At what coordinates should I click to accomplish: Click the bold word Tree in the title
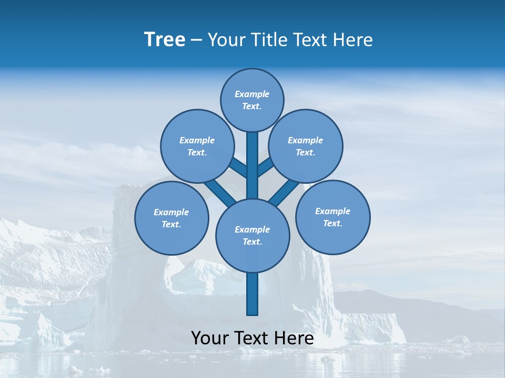pyautogui.click(x=165, y=39)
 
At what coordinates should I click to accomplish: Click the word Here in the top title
pyautogui.click(x=353, y=40)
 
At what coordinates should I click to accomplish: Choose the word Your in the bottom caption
pyautogui.click(x=210, y=338)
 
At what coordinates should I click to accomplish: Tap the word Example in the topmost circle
pyautogui.click(x=252, y=94)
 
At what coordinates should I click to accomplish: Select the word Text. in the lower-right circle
pyautogui.click(x=332, y=223)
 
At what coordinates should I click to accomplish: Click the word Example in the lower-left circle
pyautogui.click(x=171, y=212)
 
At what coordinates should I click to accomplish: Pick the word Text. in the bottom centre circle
pyautogui.click(x=252, y=241)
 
